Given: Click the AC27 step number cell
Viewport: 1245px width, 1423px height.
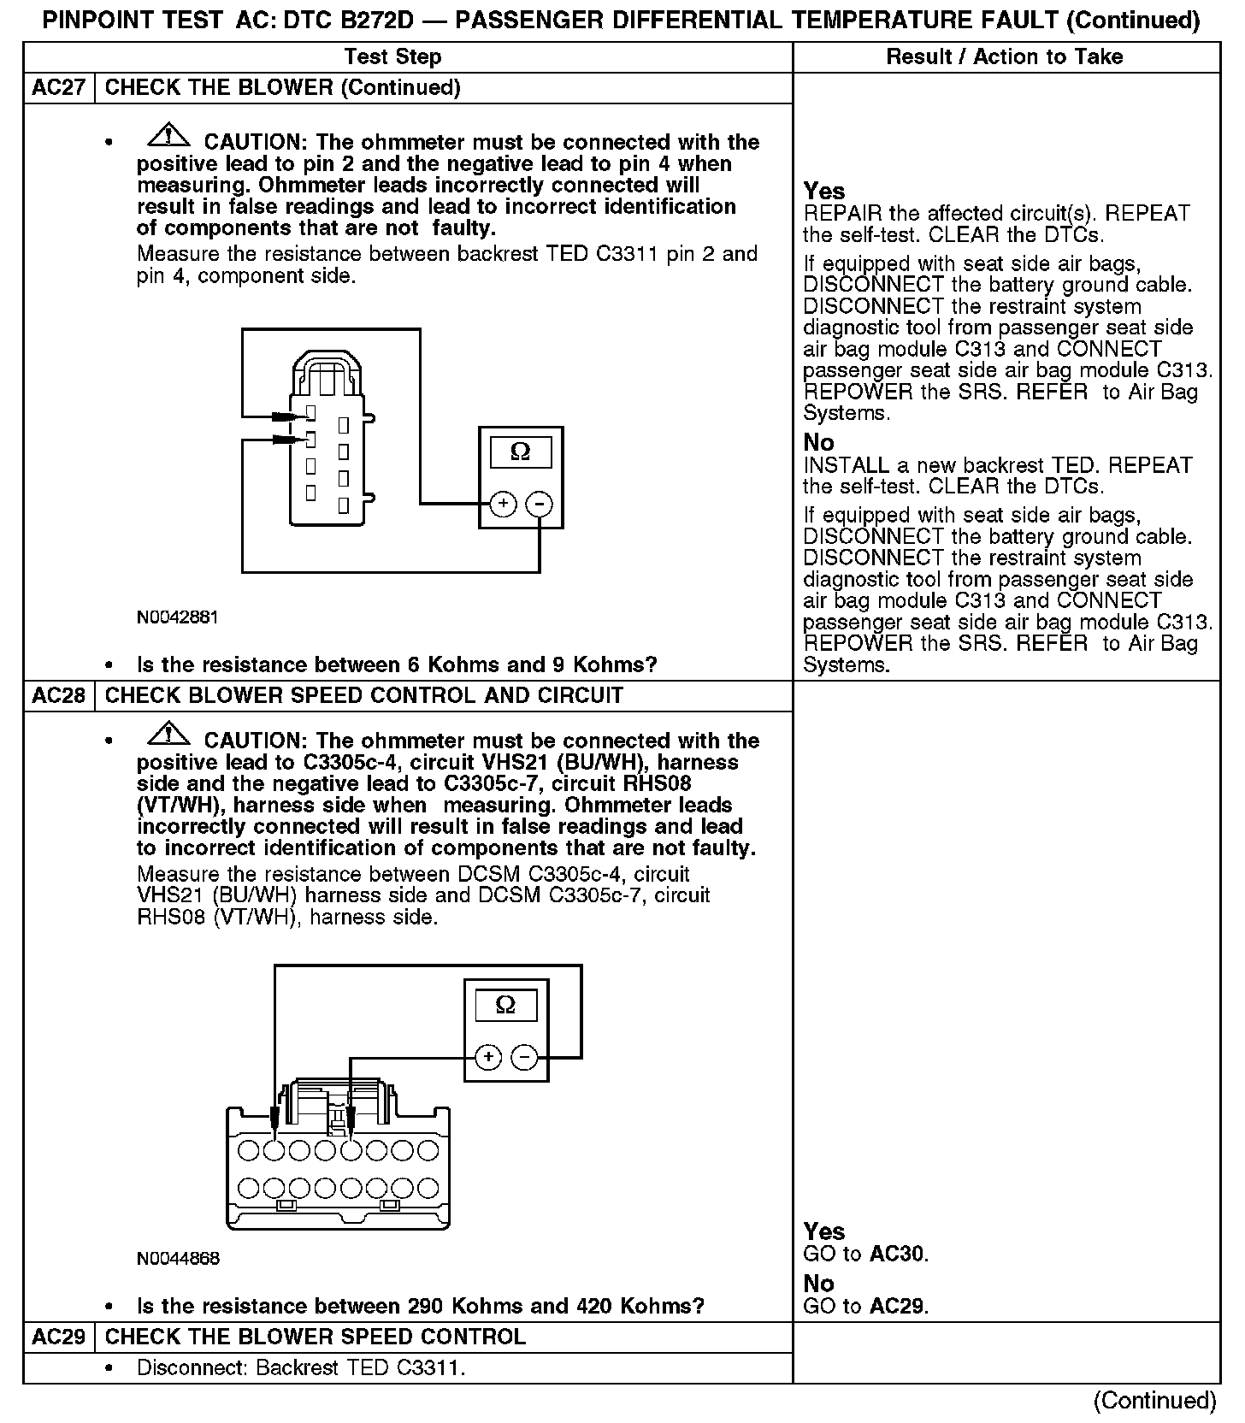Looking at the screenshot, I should click(x=58, y=88).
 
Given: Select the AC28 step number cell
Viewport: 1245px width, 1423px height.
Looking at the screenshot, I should click(x=58, y=695).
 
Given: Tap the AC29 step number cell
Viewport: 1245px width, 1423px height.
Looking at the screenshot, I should click(x=58, y=1337).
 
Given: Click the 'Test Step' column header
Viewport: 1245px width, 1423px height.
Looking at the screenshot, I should click(x=392, y=57).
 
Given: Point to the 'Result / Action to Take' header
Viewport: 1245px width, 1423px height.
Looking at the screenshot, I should click(x=1005, y=57).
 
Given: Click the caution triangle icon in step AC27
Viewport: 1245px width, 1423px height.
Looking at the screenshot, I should click(x=169, y=135).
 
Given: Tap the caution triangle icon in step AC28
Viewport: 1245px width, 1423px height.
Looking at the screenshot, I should click(x=169, y=734).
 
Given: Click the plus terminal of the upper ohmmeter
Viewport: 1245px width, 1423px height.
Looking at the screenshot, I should click(x=503, y=504).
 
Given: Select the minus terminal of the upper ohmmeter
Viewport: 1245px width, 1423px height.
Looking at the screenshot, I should click(x=539, y=504).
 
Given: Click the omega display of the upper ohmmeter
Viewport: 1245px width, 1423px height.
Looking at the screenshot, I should click(x=520, y=452).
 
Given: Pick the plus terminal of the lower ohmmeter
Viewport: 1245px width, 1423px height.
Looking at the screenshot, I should click(x=488, y=1058).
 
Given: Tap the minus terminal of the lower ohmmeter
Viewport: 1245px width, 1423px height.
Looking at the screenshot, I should click(x=524, y=1058).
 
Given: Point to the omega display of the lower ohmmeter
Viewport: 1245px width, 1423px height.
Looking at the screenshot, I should click(x=505, y=1006).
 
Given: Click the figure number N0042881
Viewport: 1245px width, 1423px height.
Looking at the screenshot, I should click(x=177, y=617).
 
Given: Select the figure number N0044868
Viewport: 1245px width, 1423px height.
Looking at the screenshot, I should click(x=178, y=1259).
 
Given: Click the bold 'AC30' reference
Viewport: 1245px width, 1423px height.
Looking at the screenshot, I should click(x=897, y=1255).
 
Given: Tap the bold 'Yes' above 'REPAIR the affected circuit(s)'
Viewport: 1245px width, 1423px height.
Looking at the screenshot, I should click(x=824, y=192).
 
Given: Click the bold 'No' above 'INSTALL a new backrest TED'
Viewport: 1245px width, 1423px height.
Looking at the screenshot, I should click(x=818, y=443).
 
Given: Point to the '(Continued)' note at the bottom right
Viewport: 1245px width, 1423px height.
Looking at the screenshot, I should click(x=1154, y=1400).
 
